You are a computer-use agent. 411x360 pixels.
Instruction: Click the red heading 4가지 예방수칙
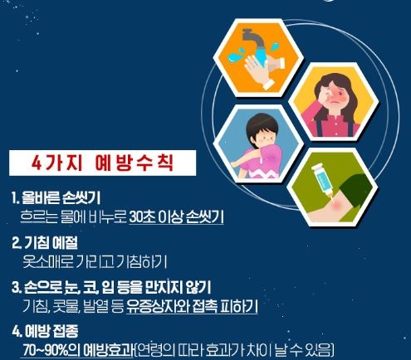(102, 163)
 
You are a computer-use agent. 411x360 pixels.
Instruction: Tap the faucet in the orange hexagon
(253, 41)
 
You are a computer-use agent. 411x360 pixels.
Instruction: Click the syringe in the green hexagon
(323, 180)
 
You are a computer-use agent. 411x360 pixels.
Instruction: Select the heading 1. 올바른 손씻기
(56, 197)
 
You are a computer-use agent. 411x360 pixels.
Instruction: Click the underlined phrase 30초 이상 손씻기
(176, 217)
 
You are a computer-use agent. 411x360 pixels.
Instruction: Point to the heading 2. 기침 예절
(45, 242)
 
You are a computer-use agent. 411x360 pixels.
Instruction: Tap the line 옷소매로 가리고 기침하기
(95, 261)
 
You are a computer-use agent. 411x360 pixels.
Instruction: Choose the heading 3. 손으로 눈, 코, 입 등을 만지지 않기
(111, 288)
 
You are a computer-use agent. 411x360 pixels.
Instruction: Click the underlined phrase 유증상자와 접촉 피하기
(192, 306)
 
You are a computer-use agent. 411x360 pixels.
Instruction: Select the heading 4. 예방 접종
(45, 331)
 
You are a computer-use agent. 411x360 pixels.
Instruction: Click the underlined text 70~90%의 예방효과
(78, 350)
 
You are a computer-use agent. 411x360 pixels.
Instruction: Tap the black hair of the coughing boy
(262, 124)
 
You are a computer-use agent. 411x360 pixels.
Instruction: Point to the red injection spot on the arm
(337, 205)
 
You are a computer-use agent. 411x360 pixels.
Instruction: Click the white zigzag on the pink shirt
(263, 173)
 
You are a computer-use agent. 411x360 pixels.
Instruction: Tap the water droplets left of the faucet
(235, 56)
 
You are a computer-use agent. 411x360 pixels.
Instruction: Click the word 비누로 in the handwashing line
(108, 217)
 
